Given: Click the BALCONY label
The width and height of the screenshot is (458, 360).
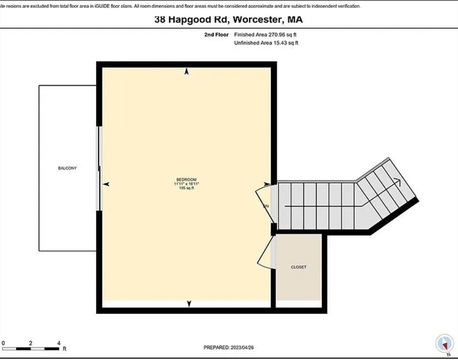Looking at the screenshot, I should (67, 168).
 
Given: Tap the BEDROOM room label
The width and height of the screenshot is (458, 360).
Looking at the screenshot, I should (186, 180).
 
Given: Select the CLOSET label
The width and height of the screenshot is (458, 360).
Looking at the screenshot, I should (298, 267).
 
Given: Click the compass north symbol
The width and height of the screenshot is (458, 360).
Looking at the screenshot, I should (443, 344).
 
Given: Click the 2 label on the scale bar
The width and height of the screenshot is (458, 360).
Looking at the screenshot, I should (30, 343).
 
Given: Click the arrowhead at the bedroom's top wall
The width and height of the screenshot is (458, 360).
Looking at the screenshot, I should (187, 72).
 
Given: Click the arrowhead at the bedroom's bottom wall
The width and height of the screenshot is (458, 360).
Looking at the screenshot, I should (189, 304).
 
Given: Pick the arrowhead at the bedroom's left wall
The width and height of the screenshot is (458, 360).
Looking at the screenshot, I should (106, 185).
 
